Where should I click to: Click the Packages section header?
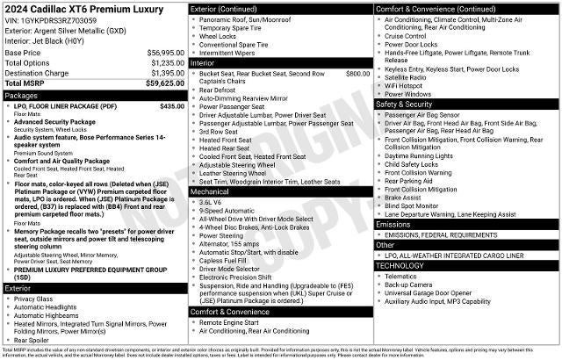(x=22, y=95)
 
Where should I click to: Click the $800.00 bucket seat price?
(x=357, y=74)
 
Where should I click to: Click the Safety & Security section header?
(x=409, y=104)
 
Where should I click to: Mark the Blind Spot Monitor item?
(x=414, y=205)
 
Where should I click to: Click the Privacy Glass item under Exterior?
(x=33, y=299)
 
